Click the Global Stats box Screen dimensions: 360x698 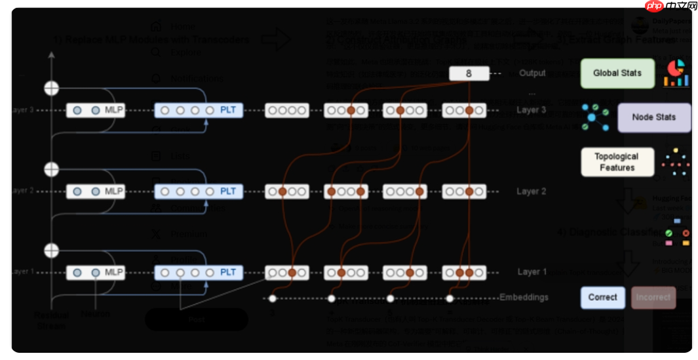click(617, 73)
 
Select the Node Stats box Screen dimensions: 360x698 click(653, 117)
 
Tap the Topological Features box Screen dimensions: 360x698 click(617, 162)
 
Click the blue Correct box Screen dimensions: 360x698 click(602, 297)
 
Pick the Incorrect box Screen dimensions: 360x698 click(653, 297)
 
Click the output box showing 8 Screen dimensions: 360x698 click(469, 73)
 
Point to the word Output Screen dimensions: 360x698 click(532, 73)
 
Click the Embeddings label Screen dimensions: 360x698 click(524, 297)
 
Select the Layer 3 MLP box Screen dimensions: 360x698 click(95, 110)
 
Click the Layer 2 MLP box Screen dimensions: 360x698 click(95, 191)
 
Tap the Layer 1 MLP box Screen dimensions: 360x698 click(95, 272)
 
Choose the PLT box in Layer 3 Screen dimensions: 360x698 click(198, 110)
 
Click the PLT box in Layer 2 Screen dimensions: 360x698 click(198, 191)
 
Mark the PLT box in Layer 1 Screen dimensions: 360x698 click(198, 272)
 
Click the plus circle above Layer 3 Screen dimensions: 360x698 click(51, 88)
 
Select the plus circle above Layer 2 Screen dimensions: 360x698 click(51, 170)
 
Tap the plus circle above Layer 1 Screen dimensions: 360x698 click(51, 250)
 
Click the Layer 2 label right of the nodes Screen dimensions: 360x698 click(532, 191)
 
